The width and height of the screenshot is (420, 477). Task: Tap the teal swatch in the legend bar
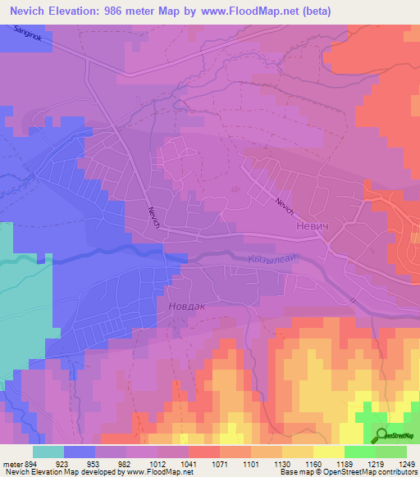click(48, 451)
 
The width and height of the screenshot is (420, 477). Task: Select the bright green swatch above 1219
click(360, 451)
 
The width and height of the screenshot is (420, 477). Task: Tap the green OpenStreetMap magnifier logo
click(381, 435)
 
